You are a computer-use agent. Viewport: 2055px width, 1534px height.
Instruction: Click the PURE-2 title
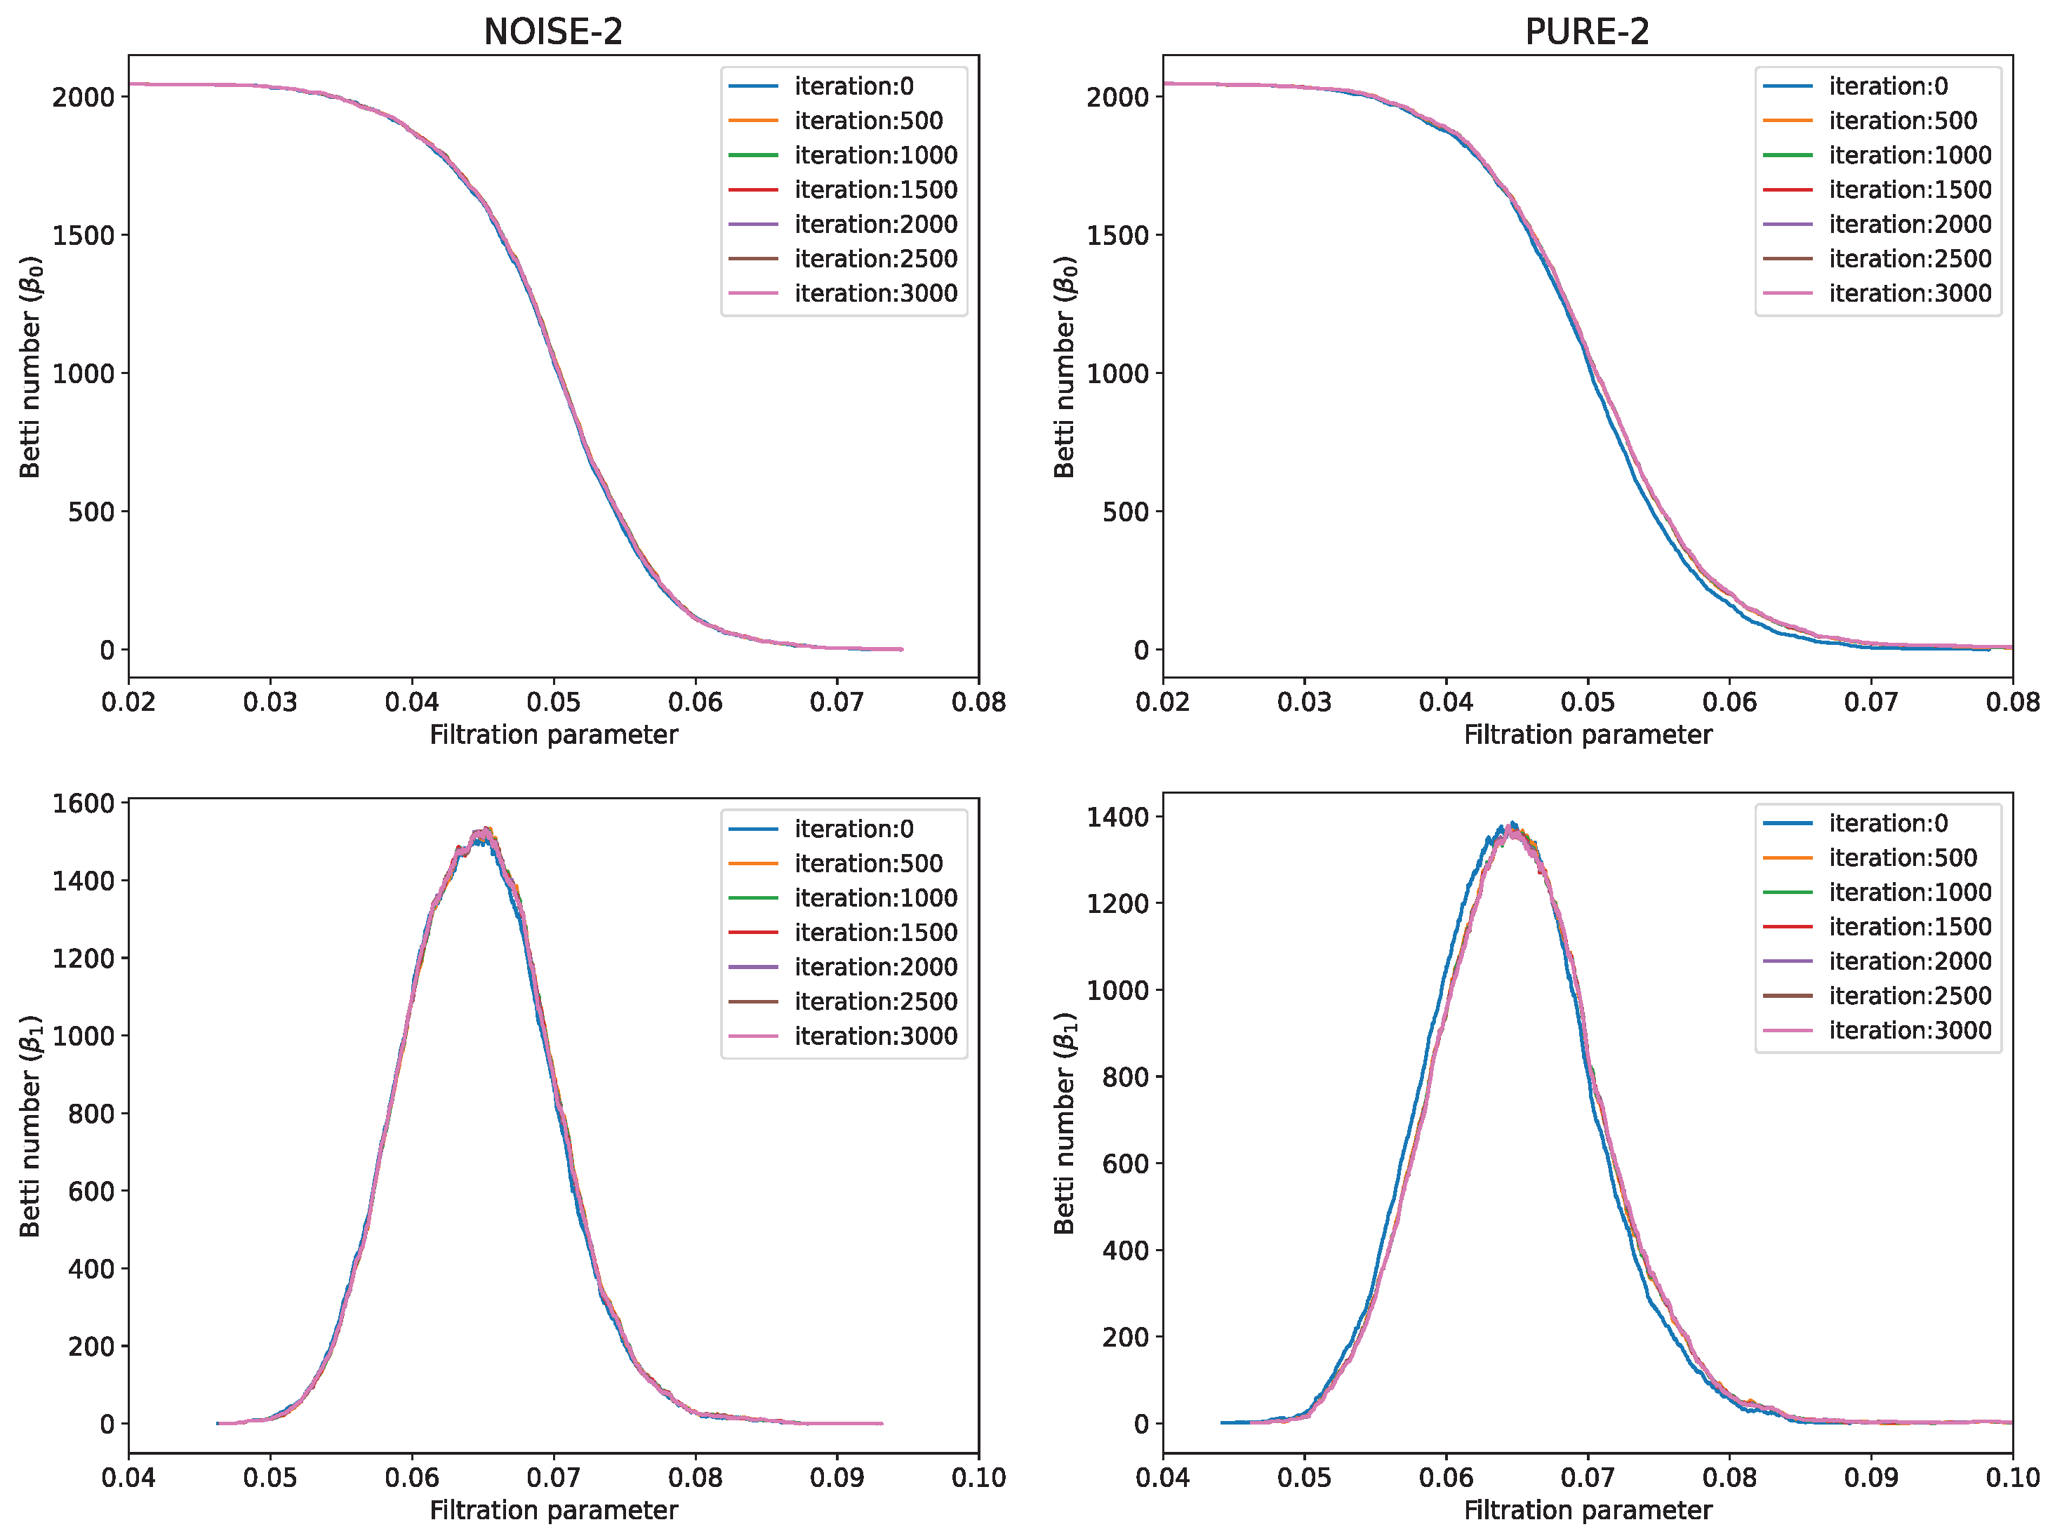coord(1586,32)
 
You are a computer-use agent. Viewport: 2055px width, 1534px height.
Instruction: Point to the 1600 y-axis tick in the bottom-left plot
coord(84,803)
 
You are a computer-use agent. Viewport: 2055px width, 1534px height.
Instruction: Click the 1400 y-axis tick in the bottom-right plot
coord(1117,817)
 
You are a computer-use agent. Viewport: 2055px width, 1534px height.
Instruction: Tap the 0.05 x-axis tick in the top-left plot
coord(554,702)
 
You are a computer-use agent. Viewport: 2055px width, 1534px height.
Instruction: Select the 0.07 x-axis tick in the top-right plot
coord(1870,702)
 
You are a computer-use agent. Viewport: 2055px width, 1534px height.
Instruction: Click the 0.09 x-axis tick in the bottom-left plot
coord(837,1477)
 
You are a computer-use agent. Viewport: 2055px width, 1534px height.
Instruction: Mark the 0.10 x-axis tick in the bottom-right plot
coord(2011,1477)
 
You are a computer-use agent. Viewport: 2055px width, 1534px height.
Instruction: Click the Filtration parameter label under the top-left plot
coord(554,735)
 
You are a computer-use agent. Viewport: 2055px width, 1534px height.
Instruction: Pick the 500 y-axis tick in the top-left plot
coord(91,512)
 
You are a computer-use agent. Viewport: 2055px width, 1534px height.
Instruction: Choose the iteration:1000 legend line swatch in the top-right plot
coord(1787,155)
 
